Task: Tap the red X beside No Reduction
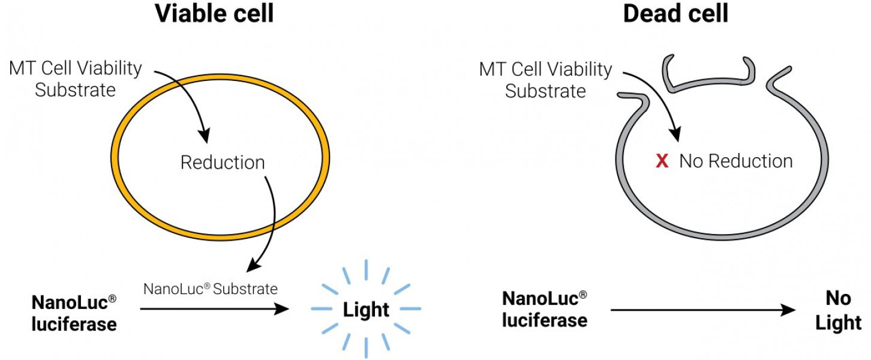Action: (x=662, y=161)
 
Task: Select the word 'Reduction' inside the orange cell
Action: (x=223, y=163)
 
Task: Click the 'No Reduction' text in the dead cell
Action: (x=735, y=161)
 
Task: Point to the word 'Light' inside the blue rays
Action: (x=366, y=310)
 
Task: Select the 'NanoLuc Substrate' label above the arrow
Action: (x=211, y=289)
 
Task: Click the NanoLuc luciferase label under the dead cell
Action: (x=544, y=310)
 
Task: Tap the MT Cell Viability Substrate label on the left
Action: (x=75, y=79)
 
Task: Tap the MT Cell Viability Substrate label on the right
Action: (x=545, y=80)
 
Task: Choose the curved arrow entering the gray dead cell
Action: (x=660, y=102)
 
